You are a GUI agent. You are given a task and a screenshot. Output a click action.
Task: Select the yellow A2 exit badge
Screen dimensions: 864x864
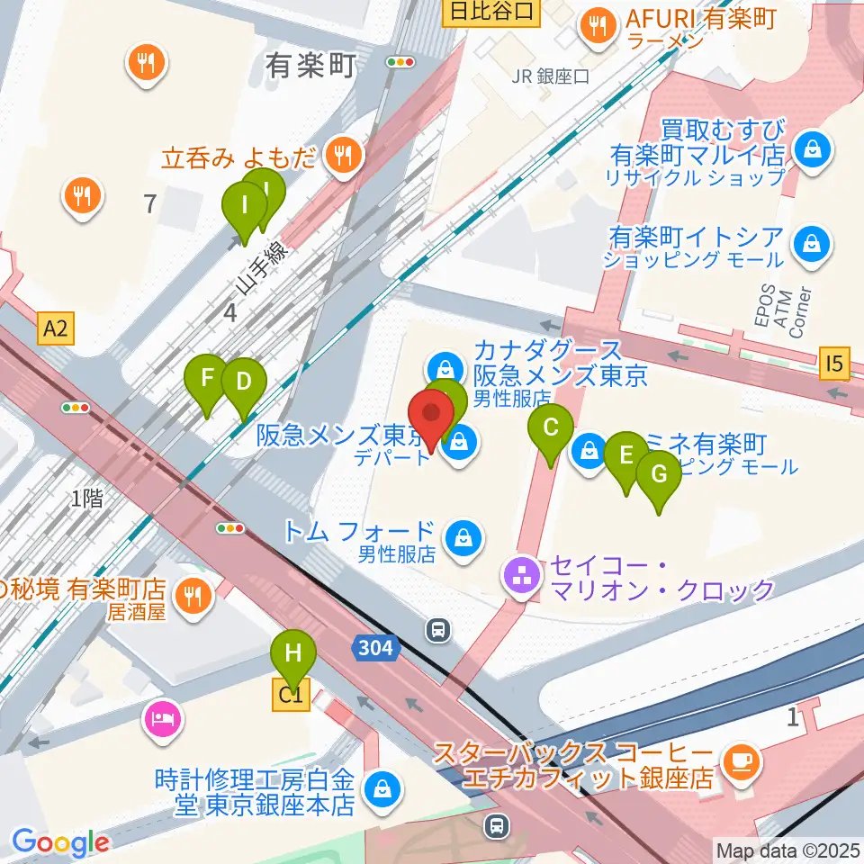[x=55, y=330]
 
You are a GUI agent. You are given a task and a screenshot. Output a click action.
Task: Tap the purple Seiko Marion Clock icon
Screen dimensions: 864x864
[x=521, y=577]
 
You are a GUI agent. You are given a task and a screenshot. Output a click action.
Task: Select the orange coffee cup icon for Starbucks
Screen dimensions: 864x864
[x=742, y=761]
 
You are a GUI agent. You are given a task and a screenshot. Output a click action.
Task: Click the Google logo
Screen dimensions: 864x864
[x=60, y=842]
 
